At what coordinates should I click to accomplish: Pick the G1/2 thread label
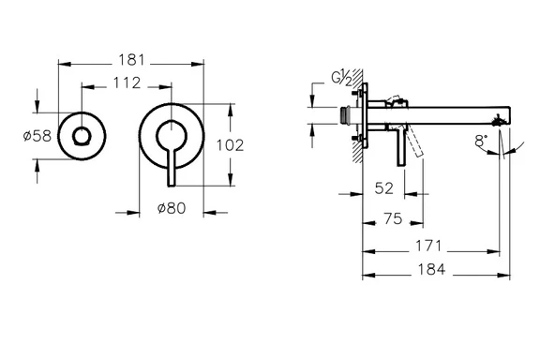340,79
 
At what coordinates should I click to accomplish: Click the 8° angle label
481,142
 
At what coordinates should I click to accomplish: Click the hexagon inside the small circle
82,137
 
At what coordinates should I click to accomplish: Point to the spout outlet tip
506,119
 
